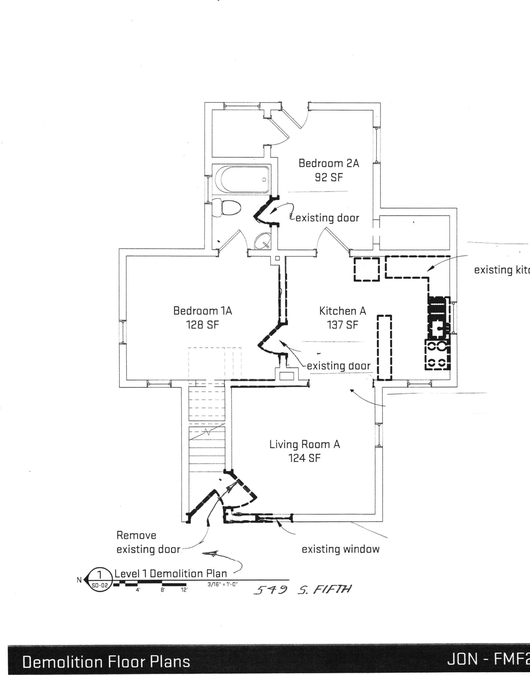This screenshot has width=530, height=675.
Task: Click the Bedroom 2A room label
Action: pyautogui.click(x=328, y=163)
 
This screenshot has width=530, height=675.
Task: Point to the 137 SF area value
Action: pyautogui.click(x=342, y=325)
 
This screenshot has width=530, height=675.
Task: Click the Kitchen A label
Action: pyautogui.click(x=343, y=311)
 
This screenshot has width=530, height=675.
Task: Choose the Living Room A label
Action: pyautogui.click(x=304, y=444)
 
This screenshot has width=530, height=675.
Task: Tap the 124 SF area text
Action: pyautogui.click(x=304, y=458)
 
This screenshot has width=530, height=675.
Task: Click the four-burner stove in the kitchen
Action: pyautogui.click(x=437, y=355)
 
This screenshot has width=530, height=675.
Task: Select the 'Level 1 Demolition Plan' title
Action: pyautogui.click(x=171, y=573)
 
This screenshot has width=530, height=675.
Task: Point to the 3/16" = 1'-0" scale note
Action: pyautogui.click(x=223, y=584)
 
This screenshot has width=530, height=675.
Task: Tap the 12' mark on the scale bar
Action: pyautogui.click(x=184, y=590)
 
